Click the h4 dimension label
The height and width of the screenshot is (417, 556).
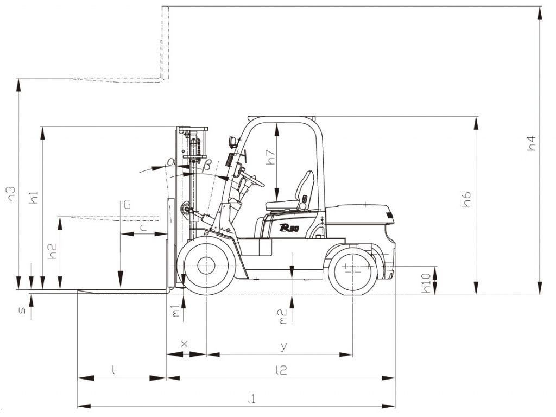click(x=531, y=143)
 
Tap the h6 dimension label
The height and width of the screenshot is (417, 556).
click(x=467, y=199)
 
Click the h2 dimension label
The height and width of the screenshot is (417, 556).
click(x=53, y=251)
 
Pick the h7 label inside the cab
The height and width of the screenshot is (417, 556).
click(x=270, y=157)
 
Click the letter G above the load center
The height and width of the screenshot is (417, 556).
click(x=127, y=205)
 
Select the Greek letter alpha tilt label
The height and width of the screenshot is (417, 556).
click(x=172, y=162)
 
